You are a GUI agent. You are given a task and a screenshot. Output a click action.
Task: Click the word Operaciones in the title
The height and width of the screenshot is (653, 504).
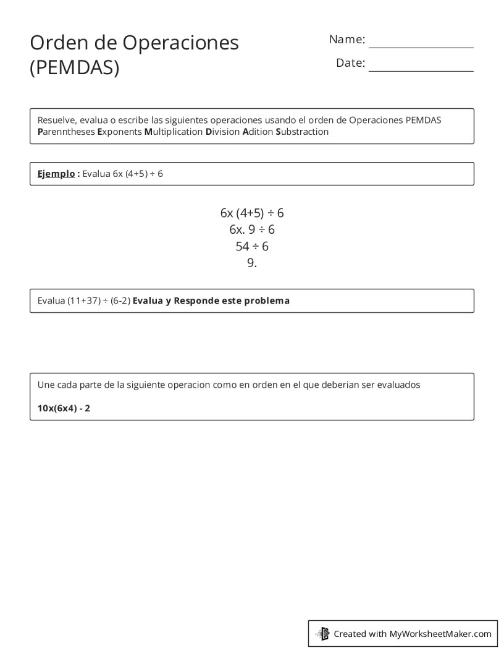[x=180, y=43]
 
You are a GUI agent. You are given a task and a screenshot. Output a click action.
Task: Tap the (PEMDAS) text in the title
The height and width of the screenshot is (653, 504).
[x=74, y=67]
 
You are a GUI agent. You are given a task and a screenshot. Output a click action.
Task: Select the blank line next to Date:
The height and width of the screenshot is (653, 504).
[x=421, y=67]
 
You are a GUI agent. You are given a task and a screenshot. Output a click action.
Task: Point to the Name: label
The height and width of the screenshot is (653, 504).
[x=347, y=40]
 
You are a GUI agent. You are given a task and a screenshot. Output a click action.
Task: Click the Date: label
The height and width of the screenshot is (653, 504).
[x=350, y=63]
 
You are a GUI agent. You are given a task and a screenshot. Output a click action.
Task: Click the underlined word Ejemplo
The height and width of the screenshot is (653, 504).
[x=56, y=174]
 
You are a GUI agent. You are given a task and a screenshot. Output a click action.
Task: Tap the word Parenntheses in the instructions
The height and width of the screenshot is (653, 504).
[x=66, y=132]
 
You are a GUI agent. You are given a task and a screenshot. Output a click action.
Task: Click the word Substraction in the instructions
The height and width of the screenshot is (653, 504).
[x=302, y=132]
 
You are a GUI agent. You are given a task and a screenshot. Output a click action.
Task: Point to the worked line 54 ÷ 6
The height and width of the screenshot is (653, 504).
[x=252, y=246]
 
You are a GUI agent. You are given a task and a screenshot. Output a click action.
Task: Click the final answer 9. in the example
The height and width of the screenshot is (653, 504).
[x=252, y=263]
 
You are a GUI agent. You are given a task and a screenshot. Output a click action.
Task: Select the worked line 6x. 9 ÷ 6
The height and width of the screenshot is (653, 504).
[x=252, y=229]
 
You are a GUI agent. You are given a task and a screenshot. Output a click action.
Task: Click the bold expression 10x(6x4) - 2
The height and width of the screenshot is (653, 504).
[x=64, y=408]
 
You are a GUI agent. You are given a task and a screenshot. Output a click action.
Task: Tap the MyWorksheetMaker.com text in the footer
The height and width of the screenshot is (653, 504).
[x=440, y=633]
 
